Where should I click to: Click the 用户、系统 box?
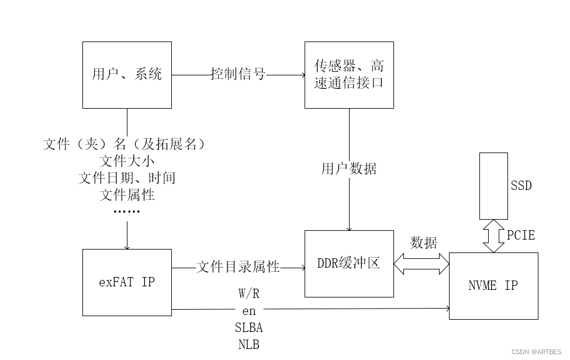[x=127, y=75]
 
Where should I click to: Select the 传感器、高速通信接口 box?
[x=349, y=75]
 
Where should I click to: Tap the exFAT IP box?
[x=127, y=282]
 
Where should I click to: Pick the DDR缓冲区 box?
[x=349, y=264]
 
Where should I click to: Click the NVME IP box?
[x=493, y=286]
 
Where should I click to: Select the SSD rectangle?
[x=493, y=185]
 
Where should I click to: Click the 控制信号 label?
[x=239, y=74]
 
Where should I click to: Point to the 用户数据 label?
[x=349, y=169]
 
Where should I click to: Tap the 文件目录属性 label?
[x=239, y=267]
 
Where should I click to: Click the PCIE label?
[x=520, y=236]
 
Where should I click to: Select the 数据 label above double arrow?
[x=423, y=243]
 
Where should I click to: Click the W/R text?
[x=249, y=293]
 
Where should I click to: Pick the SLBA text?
[x=249, y=328]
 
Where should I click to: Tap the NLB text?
[x=249, y=344]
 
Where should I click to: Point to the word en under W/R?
[x=249, y=310]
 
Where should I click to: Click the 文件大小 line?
[x=127, y=161]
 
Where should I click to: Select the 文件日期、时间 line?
[x=127, y=178]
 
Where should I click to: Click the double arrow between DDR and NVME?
[x=422, y=264]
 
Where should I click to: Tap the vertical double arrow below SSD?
[x=493, y=236]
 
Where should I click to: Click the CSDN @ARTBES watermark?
[x=536, y=352]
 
